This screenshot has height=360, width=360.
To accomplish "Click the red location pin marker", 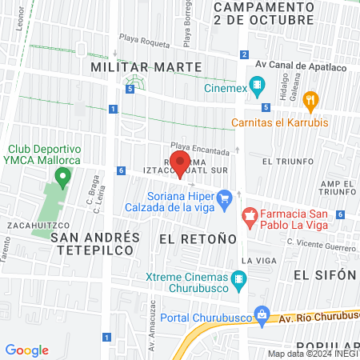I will pyautogui.click(x=181, y=162).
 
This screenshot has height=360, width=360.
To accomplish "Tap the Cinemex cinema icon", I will pyautogui.click(x=257, y=84).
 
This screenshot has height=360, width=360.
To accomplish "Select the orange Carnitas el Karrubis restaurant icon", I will pyautogui.click(x=312, y=101).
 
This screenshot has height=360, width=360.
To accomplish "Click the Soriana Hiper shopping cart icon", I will pyautogui.click(x=224, y=197).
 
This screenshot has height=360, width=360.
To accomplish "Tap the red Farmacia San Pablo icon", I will pyautogui.click(x=249, y=214).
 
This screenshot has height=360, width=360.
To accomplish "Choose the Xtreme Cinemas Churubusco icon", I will pyautogui.click(x=238, y=279).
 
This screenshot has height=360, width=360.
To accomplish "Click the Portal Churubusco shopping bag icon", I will pyautogui.click(x=259, y=312).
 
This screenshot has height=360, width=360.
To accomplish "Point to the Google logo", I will pyautogui.click(x=27, y=350).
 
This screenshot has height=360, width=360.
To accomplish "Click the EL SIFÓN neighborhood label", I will pyautogui.click(x=324, y=274).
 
